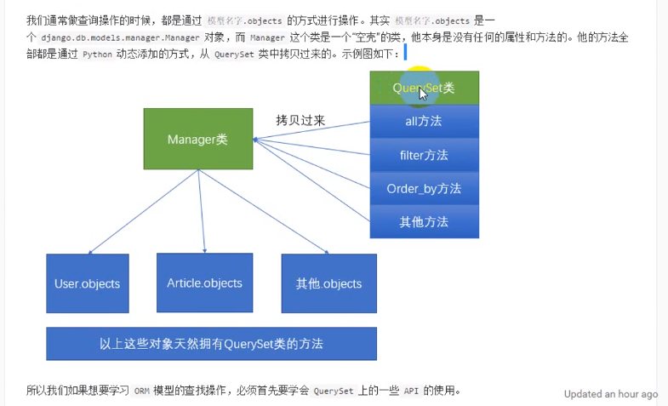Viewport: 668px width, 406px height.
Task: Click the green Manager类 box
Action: coord(197,139)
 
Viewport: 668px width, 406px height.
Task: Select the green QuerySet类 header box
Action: coord(424,88)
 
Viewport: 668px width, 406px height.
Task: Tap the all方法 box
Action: coord(424,121)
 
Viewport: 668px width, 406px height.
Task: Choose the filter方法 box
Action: coord(424,155)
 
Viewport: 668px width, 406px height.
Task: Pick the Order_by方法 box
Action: coord(424,188)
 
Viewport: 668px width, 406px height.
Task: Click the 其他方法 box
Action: coord(424,222)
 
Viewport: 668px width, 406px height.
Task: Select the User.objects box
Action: coord(87,283)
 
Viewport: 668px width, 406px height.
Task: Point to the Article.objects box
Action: coord(204,283)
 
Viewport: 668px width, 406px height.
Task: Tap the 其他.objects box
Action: coord(328,283)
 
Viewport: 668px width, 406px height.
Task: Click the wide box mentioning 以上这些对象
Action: coord(211,344)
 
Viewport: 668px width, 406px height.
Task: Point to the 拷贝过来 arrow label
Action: coord(300,121)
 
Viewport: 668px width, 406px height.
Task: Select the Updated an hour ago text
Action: coord(610,394)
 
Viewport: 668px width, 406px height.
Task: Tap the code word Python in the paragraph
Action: coord(97,54)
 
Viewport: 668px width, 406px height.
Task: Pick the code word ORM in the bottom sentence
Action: coord(142,392)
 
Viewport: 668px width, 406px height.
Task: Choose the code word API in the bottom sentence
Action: coord(409,392)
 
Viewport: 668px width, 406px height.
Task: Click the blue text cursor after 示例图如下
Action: coord(405,54)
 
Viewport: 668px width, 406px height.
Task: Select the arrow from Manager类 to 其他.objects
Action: coord(265,211)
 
